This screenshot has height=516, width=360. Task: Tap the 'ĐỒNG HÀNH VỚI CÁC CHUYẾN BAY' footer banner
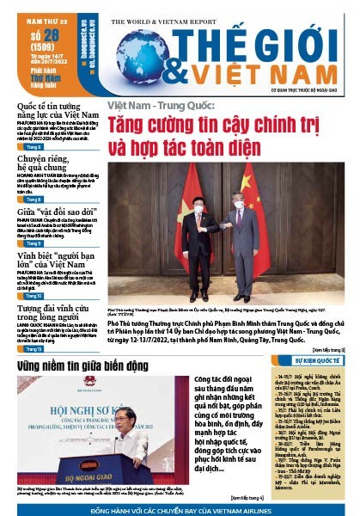click(x=180, y=509)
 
